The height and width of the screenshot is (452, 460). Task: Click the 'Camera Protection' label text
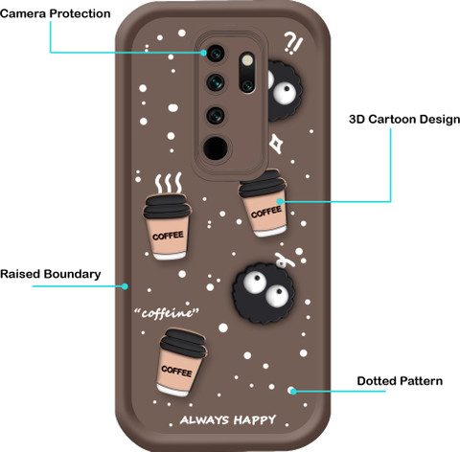56,13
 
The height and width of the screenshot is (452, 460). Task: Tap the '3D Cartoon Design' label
404,120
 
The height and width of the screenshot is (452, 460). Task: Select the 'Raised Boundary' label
51,274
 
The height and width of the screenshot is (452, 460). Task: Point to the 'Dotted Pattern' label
400,381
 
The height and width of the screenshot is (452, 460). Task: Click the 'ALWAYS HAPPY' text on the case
228,419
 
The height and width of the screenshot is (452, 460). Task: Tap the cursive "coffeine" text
167,313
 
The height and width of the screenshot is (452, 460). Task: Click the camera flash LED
247,60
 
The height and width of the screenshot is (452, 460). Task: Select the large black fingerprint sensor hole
216,148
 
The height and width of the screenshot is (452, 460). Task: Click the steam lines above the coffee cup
169,183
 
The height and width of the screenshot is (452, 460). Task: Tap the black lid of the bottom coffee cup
183,343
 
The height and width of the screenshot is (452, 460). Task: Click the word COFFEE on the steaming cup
168,237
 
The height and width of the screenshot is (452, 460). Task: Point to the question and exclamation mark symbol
293,43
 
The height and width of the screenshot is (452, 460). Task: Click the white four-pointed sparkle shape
275,144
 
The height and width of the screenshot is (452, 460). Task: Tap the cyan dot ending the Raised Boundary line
125,286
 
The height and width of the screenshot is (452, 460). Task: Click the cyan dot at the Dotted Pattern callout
293,391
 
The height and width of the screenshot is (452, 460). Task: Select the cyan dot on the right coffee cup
280,201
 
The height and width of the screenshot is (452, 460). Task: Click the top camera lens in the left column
216,53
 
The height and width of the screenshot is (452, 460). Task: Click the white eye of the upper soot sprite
285,92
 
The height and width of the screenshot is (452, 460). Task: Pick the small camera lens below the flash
247,85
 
